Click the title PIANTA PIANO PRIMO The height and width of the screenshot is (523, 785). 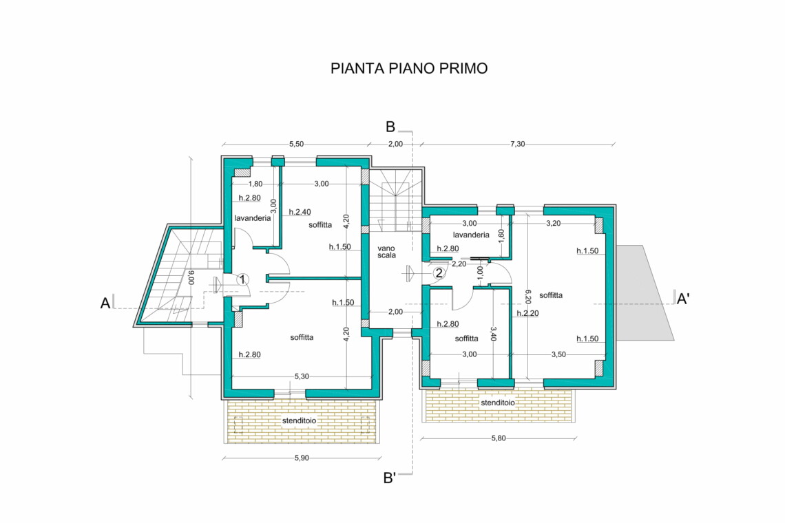[x=409, y=69]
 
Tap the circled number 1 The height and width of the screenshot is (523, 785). [x=243, y=279]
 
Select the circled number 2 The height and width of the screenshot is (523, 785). [x=439, y=273]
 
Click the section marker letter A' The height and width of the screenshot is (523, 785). [x=683, y=299]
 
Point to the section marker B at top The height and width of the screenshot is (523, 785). [x=390, y=127]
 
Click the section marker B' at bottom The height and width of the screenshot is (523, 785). [x=390, y=478]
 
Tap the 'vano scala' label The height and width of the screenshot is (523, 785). [x=386, y=252]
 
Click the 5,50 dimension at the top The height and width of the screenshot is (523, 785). [x=296, y=144]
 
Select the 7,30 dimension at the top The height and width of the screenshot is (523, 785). [x=518, y=144]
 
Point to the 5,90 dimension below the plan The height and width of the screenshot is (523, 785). [x=302, y=458]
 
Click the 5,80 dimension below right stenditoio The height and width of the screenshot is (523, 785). [x=499, y=438]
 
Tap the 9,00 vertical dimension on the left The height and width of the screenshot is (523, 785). [x=191, y=278]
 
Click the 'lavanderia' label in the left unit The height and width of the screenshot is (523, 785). [x=253, y=218]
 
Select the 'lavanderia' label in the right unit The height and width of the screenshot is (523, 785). [x=471, y=235]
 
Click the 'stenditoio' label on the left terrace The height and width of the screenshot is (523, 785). [x=299, y=421]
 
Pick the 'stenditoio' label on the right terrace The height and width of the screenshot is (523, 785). [x=498, y=403]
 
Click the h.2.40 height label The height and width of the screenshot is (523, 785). [x=300, y=212]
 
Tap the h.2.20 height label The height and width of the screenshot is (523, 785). [x=527, y=313]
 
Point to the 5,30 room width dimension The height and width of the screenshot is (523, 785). [x=302, y=376]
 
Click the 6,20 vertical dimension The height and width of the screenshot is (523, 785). [x=527, y=297]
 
